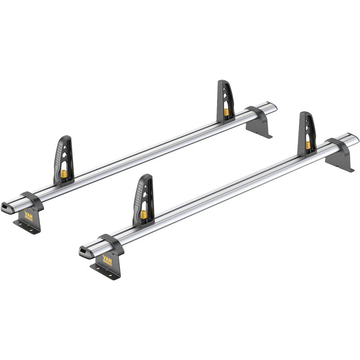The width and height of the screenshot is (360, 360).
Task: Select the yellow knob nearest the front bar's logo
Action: click(144, 214)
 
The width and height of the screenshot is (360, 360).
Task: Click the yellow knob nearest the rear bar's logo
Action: click(64, 174)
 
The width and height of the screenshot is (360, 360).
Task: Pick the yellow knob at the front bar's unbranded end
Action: click(308, 145)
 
